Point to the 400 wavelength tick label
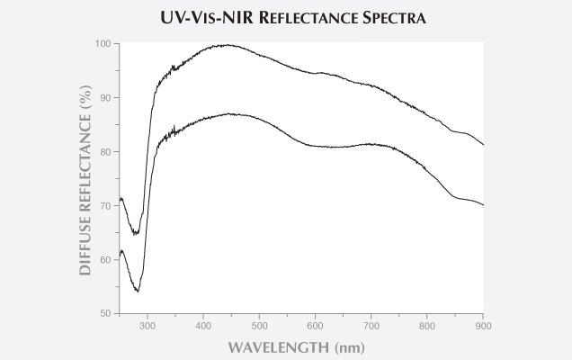(x=204, y=325)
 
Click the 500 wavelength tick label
(x=260, y=325)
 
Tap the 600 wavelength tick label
(x=316, y=325)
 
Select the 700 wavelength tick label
(x=371, y=325)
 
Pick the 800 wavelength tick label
(x=427, y=325)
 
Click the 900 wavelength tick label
(x=483, y=325)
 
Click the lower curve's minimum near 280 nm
(x=137, y=291)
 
